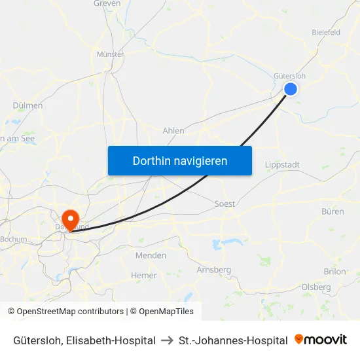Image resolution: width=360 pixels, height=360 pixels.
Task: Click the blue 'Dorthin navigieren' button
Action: point(180,160)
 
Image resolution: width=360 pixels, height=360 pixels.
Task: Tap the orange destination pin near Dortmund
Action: point(69,219)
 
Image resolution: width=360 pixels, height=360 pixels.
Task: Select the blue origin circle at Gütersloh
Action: point(291,89)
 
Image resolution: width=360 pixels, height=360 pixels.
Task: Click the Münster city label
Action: point(110,54)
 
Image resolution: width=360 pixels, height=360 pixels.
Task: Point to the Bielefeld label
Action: point(326,31)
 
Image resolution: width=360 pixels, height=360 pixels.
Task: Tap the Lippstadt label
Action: point(282,165)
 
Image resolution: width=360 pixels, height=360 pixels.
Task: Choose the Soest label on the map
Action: point(225,204)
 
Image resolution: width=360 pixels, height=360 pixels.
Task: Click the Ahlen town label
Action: point(173,131)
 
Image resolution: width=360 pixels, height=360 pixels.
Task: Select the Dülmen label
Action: point(27,105)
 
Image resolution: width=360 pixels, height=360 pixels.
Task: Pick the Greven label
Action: point(107,3)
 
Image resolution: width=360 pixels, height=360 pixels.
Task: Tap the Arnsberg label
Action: point(214,270)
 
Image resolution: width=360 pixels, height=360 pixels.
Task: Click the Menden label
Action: point(151,255)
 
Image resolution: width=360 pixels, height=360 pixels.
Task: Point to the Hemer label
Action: point(144,276)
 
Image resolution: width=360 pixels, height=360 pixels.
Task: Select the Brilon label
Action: point(334,272)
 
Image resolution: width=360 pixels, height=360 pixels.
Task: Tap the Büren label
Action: point(333,211)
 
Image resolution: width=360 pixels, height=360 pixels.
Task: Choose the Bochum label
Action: point(14,240)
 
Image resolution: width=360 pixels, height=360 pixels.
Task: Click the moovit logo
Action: point(321,340)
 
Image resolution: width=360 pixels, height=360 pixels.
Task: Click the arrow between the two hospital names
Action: point(167,340)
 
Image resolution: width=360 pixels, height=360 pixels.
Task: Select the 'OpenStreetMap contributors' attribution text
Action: point(70,312)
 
